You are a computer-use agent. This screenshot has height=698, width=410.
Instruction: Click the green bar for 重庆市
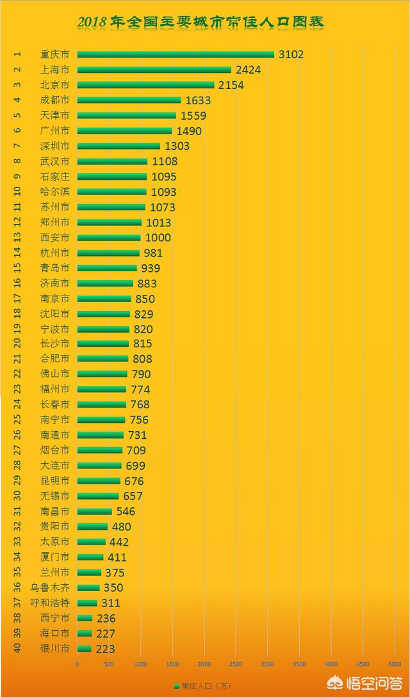point(175,54)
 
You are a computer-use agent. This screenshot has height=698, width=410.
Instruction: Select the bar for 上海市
point(154,70)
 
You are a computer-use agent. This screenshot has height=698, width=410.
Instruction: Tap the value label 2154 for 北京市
point(231,85)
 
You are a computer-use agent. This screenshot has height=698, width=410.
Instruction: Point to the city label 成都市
point(55,100)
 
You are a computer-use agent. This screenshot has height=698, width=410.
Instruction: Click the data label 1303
point(176,146)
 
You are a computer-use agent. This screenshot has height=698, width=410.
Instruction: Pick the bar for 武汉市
point(112,161)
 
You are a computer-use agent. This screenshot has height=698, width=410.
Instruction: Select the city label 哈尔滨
point(55,191)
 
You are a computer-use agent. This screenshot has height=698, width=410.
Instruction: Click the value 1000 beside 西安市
point(158,237)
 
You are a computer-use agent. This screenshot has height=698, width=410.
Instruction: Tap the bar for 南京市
point(104,299)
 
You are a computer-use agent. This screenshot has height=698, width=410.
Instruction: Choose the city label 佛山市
point(55,374)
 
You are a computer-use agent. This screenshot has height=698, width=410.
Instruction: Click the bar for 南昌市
point(94,511)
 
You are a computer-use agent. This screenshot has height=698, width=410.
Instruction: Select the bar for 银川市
point(84,649)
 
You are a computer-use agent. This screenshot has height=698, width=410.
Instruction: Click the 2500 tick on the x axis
point(235,664)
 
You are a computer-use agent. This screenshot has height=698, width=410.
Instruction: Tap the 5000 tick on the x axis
point(393,664)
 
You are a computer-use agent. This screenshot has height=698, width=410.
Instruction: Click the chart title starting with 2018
point(201,22)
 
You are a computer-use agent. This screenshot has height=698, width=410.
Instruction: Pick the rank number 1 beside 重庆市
point(18,54)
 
